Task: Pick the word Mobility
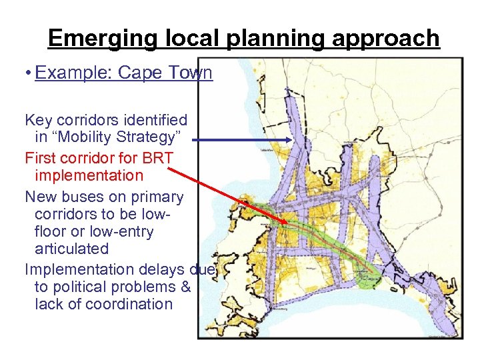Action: pyautogui.click(x=91, y=137)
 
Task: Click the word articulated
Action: pyautogui.click(x=71, y=249)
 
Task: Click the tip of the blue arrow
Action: pyautogui.click(x=291, y=140)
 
